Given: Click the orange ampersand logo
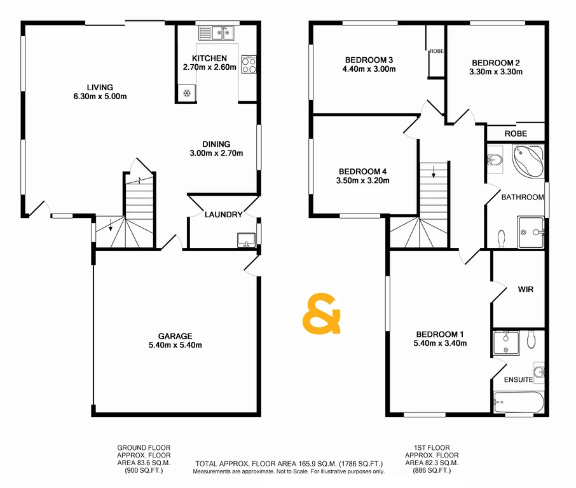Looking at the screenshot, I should [322, 315].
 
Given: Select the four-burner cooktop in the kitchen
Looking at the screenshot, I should [249, 65].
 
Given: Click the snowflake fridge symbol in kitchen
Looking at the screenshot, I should [187, 93].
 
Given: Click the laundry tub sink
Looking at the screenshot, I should [246, 240].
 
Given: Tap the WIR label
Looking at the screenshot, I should [525, 289].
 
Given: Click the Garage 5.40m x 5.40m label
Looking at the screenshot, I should [175, 341].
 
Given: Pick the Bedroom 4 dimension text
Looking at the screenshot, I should [362, 180].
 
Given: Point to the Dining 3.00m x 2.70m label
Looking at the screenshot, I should [216, 148].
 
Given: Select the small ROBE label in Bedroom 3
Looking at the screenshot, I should [436, 51].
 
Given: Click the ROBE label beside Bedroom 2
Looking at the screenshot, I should [515, 133].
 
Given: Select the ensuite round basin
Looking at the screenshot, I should [539, 372].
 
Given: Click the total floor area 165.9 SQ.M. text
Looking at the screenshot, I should [289, 464].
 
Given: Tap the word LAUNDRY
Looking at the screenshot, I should [223, 214].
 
